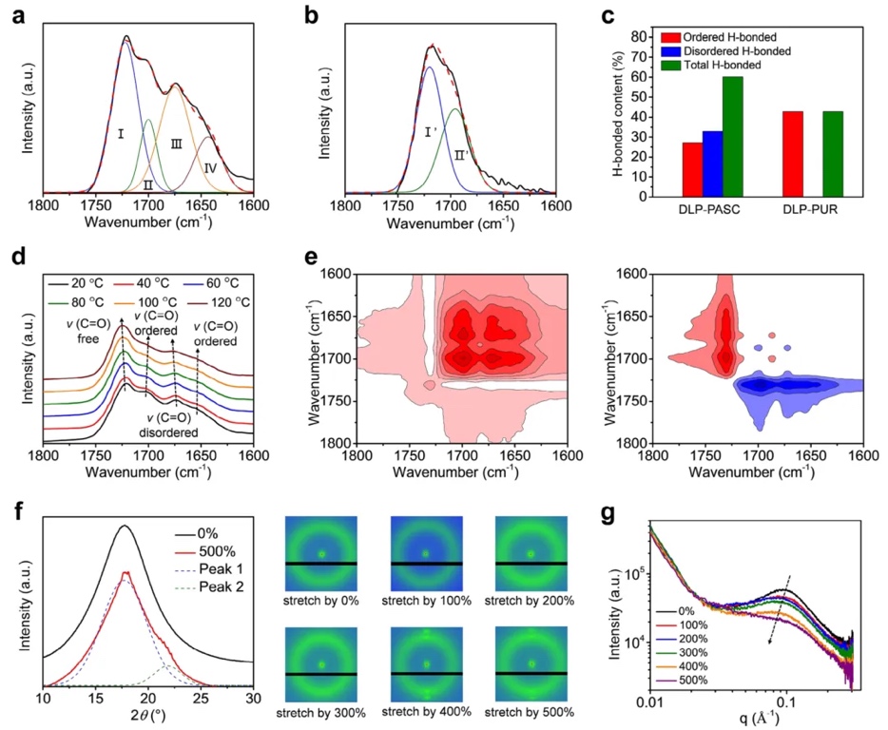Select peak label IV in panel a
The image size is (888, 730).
[210, 167]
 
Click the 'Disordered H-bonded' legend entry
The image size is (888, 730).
[727, 50]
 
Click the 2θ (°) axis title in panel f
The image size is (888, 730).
[145, 718]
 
